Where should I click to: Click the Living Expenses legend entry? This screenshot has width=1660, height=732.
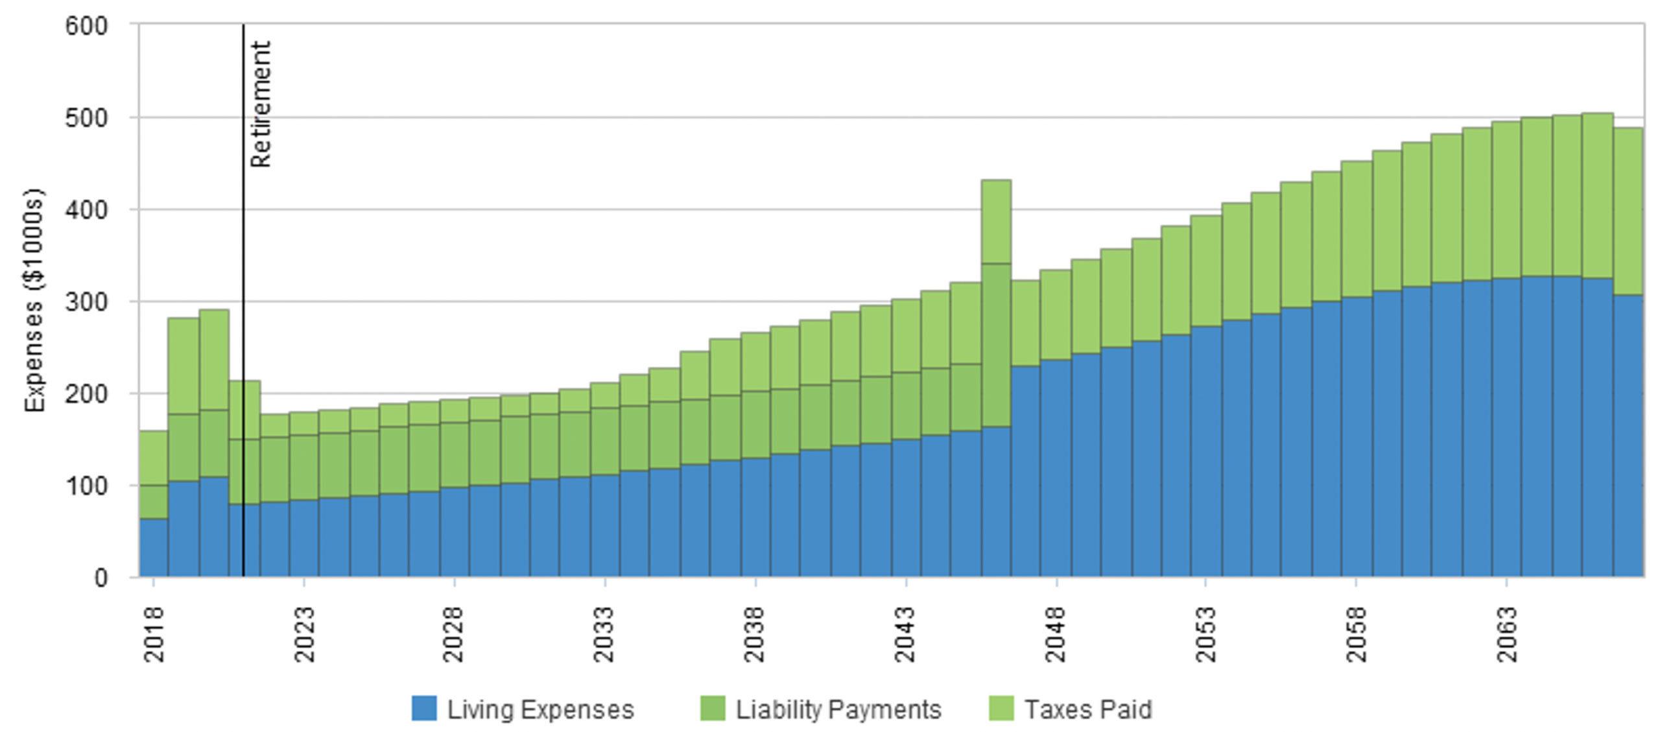point(523,709)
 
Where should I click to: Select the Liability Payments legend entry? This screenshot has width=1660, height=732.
point(820,709)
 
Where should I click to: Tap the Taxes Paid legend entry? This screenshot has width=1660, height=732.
point(1070,709)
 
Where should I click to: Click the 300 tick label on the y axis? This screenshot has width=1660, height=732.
point(86,302)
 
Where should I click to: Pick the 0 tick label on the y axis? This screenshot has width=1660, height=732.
point(100,577)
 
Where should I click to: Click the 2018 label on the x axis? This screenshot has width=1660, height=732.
point(154,634)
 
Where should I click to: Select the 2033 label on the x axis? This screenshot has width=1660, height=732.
point(604,634)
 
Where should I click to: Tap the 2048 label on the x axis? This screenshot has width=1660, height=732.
point(1056,634)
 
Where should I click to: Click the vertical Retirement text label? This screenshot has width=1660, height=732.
point(260,104)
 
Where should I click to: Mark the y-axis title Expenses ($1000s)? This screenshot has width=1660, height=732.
point(35,300)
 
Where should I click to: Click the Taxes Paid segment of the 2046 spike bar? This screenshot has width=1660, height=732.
point(996,222)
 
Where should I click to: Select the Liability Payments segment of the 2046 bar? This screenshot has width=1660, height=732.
point(996,345)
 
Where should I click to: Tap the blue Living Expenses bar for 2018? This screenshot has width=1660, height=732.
point(154,547)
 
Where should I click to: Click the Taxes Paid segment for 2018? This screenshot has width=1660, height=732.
point(154,458)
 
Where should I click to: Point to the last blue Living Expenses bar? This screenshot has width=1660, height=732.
point(1628,436)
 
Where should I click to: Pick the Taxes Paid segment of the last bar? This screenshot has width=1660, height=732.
point(1628,211)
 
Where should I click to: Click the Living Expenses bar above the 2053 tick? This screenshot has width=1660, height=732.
point(1205,451)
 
